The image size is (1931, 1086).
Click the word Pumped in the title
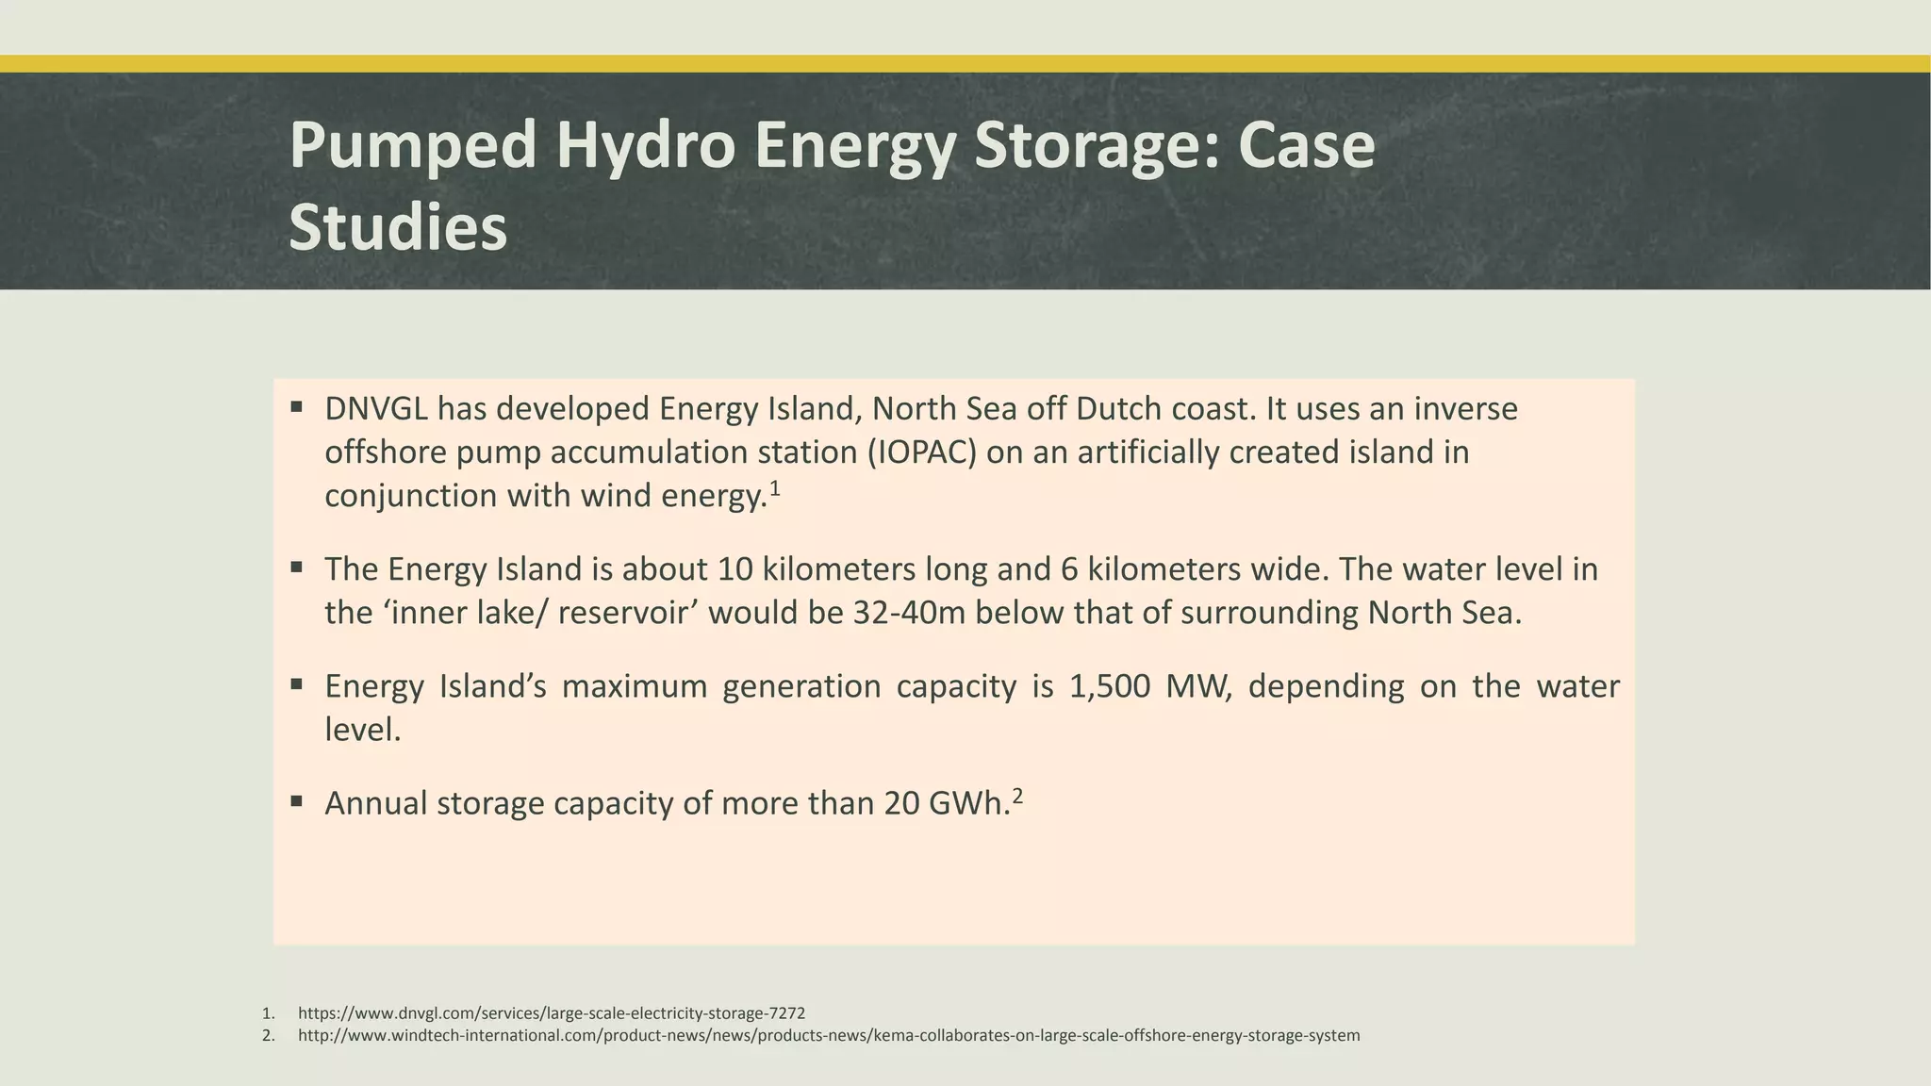point(413,145)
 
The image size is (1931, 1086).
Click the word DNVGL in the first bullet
point(376,409)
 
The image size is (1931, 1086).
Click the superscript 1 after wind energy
point(775,488)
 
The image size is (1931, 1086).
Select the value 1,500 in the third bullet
point(1110,686)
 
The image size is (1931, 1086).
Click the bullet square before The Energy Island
point(296,568)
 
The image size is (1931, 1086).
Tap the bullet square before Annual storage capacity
point(296,801)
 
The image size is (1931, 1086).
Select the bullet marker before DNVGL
point(296,407)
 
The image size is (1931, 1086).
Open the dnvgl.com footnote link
point(552,1013)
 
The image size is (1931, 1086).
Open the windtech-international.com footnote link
point(829,1036)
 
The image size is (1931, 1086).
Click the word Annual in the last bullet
point(376,803)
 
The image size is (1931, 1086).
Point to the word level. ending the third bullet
point(363,730)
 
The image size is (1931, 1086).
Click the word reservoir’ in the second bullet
point(628,613)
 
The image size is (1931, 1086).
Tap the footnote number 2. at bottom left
point(269,1036)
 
